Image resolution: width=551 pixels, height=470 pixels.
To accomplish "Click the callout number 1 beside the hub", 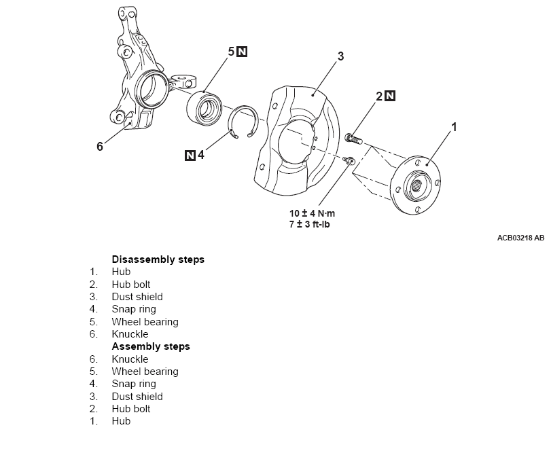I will click(x=455, y=127).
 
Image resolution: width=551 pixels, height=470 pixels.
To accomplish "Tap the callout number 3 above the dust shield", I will click(x=340, y=56).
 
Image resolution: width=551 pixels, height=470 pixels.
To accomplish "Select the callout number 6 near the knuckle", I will click(x=100, y=146).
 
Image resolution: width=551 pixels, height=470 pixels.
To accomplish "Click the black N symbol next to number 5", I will click(x=243, y=52).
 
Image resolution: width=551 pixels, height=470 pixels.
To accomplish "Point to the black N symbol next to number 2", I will click(x=390, y=96).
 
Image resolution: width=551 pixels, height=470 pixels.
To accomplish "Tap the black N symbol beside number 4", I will click(x=190, y=156).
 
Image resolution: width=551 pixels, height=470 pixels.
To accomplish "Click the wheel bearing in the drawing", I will click(x=205, y=107).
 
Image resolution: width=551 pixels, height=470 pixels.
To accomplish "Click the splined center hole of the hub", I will click(x=416, y=181).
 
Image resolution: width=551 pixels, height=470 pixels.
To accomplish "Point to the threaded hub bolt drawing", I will click(x=354, y=139).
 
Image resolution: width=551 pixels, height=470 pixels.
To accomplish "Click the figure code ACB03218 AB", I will click(x=520, y=238).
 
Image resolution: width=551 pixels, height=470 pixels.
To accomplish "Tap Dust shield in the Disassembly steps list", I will click(x=137, y=297).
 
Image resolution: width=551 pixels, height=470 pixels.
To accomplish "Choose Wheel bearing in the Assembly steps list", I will click(x=145, y=372).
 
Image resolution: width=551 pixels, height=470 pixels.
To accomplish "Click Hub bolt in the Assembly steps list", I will click(x=131, y=409).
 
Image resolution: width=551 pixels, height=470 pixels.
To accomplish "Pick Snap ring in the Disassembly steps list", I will click(x=134, y=309).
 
